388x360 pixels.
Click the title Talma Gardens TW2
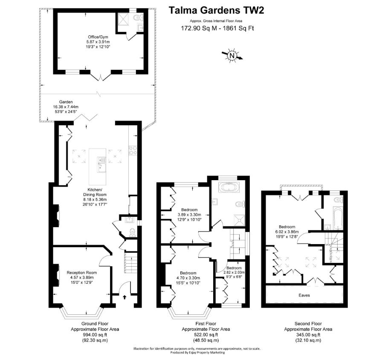(x=216, y=10)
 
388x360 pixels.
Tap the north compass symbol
(x=232, y=55)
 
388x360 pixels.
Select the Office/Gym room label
(x=98, y=37)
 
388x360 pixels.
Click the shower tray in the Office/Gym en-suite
(x=123, y=19)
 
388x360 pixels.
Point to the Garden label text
(x=59, y=102)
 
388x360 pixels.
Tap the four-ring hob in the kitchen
(x=132, y=150)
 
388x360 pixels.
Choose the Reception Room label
(x=81, y=272)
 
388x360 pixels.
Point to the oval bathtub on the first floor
(x=230, y=187)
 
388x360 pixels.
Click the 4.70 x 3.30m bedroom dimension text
(x=188, y=278)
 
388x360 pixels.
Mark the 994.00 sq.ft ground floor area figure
(x=95, y=334)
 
